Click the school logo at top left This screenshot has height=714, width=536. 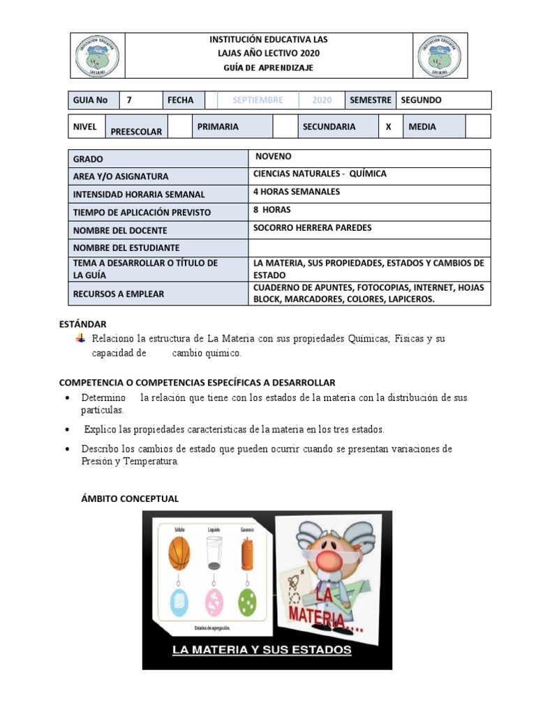(97, 56)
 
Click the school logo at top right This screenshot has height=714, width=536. (439, 56)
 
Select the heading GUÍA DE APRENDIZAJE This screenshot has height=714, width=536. (269, 68)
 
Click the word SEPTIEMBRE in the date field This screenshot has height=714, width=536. (258, 100)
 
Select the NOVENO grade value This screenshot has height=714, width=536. (274, 157)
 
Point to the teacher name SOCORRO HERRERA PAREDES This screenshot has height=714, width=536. (313, 227)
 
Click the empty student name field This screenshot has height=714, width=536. (369, 248)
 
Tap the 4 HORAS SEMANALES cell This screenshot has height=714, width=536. (297, 192)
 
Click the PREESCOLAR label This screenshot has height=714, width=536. (136, 131)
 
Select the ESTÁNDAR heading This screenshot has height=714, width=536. (82, 324)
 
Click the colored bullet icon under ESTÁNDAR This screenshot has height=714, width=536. (80, 338)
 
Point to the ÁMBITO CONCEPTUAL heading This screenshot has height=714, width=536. (131, 499)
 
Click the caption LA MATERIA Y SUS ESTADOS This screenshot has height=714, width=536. (262, 651)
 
